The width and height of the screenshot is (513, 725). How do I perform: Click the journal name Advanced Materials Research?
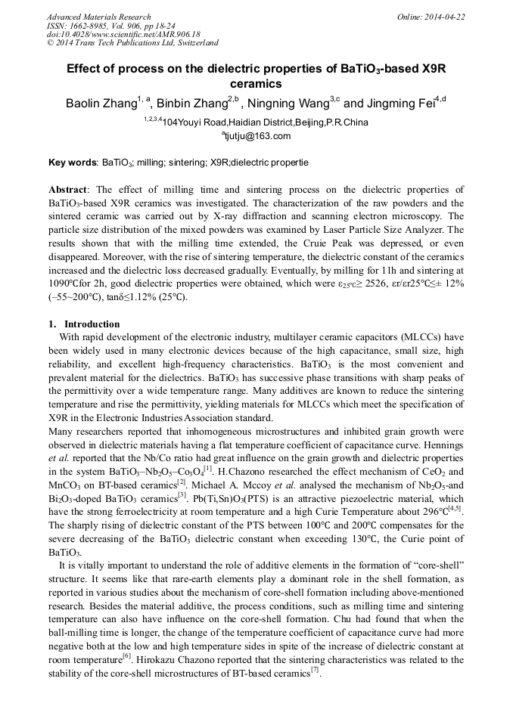click(x=98, y=17)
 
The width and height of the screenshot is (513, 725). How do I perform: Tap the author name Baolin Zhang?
click(x=103, y=103)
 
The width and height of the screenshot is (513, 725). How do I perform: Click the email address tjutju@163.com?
click(x=257, y=136)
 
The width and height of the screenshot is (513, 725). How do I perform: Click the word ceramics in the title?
click(x=256, y=83)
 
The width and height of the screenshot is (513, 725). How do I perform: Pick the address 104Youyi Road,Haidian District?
click(x=227, y=122)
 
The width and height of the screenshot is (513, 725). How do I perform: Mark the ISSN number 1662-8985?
click(x=90, y=25)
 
